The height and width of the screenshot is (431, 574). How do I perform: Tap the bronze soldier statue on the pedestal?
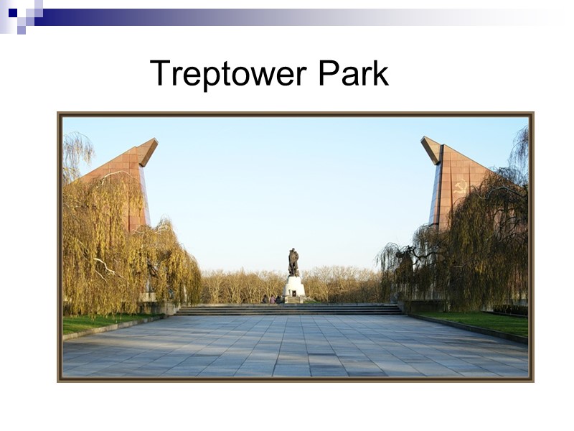pyautogui.click(x=293, y=262)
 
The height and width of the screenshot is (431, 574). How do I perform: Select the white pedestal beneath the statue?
pyautogui.click(x=293, y=289)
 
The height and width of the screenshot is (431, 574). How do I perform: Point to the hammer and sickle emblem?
pyautogui.click(x=460, y=187)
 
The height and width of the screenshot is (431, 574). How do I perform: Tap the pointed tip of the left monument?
pyautogui.click(x=153, y=142)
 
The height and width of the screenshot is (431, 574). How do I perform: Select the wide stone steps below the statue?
pyautogui.click(x=290, y=310)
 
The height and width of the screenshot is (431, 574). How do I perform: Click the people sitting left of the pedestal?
pyautogui.click(x=270, y=299)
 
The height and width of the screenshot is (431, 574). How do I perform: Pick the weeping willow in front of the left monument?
pyautogui.click(x=122, y=251)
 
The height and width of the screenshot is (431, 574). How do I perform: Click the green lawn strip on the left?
pyautogui.click(x=93, y=323)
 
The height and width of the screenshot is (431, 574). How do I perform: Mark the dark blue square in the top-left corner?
pyautogui.click(x=12, y=12)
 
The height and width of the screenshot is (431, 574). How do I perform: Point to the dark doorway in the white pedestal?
pyautogui.click(x=293, y=295)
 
